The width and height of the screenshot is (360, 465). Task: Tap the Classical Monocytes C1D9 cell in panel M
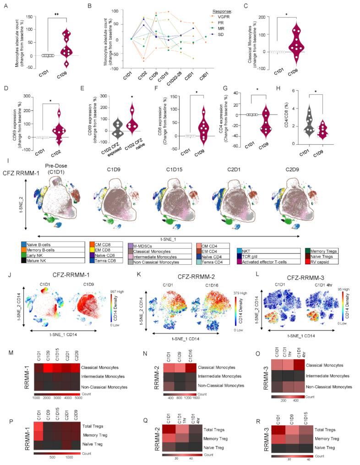(47, 367)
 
